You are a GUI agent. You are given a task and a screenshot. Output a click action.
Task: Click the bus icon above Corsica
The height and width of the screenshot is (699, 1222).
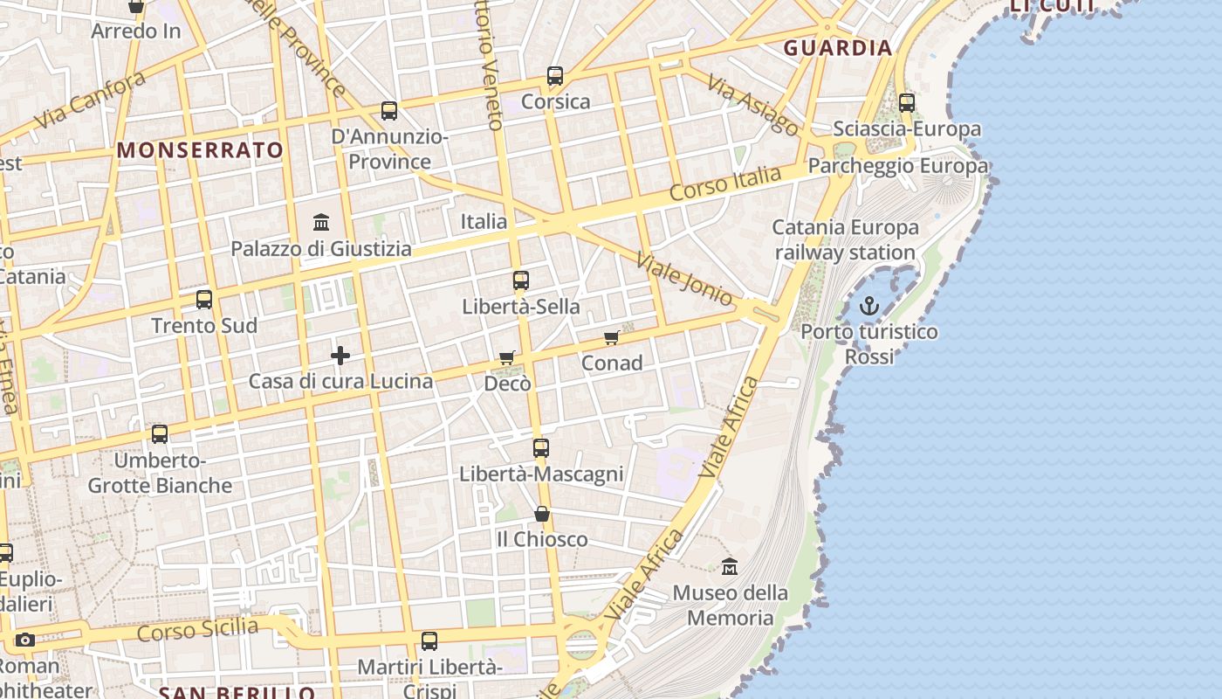[x=555, y=76]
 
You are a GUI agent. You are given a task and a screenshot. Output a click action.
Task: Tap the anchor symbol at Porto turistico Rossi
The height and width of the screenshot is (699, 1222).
[x=868, y=306]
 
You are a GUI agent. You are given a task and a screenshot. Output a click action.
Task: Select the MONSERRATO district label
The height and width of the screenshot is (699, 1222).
[x=201, y=150]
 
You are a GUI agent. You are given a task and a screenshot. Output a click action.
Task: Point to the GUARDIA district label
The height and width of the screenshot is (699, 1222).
[x=838, y=48]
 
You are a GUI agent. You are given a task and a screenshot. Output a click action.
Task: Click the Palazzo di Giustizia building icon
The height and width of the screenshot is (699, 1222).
[x=321, y=222]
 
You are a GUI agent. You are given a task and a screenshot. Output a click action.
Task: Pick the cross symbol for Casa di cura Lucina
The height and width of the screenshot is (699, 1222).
[x=340, y=356]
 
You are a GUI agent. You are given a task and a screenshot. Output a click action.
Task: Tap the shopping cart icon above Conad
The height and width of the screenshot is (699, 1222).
[x=612, y=337]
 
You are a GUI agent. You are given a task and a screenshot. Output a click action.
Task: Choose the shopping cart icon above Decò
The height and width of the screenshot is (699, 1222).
[x=507, y=357]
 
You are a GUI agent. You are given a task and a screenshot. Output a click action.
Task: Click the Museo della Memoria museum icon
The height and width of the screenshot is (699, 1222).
[x=730, y=567]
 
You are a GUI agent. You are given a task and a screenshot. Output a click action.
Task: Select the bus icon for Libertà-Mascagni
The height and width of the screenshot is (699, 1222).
[x=541, y=448]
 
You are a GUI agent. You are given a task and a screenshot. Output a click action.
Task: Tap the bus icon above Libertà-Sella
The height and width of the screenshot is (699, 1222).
[x=521, y=280]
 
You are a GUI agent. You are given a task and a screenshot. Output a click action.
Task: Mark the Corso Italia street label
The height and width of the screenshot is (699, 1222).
[x=725, y=184]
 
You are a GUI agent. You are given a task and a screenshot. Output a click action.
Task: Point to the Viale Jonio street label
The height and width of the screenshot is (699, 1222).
[x=684, y=280]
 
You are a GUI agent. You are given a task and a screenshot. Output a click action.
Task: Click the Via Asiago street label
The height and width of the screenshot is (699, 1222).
[x=752, y=105]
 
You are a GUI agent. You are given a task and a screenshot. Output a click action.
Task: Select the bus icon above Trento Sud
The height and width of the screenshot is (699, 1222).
[x=204, y=300]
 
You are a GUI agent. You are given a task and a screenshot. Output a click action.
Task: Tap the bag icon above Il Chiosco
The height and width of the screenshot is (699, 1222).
[x=542, y=514]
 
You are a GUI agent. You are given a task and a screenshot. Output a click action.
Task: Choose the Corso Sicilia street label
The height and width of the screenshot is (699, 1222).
[x=198, y=629]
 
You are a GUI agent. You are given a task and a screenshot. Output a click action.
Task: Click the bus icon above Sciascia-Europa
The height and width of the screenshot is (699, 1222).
[x=907, y=103]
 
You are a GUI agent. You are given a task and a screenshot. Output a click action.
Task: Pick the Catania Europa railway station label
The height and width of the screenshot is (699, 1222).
[x=845, y=240]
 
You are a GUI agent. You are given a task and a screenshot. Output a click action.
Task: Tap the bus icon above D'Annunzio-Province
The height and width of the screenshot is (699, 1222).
[x=389, y=111]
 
